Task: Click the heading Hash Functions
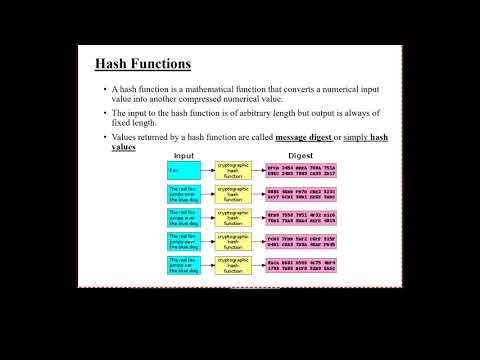[143, 65]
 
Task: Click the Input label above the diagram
[184, 156]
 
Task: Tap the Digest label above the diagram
[300, 156]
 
